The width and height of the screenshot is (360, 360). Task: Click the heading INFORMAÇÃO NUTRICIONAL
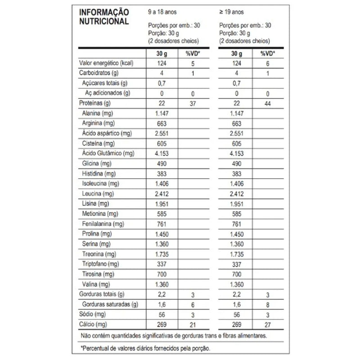coord(104,17)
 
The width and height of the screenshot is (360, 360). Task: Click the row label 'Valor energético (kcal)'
coord(108,63)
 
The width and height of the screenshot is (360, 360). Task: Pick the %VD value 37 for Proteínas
coord(192,103)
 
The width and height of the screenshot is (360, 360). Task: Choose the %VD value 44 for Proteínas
coord(268,103)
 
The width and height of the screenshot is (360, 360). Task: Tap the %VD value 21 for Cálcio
coord(192,324)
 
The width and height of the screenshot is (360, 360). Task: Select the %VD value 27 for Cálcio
coord(268,324)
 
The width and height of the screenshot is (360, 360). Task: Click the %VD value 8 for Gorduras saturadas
coord(268,304)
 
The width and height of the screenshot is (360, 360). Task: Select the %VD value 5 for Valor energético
coord(192,63)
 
